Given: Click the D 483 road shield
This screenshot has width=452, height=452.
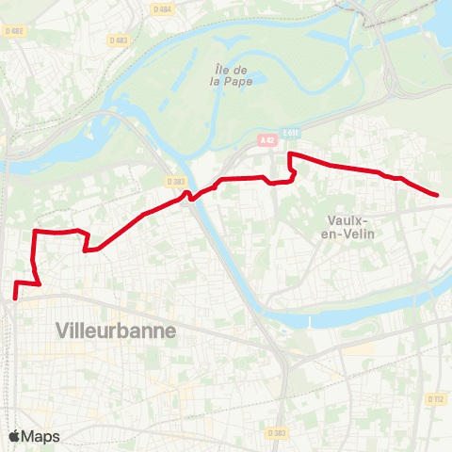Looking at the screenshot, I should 118,40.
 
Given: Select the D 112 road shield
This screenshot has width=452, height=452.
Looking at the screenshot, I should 435,399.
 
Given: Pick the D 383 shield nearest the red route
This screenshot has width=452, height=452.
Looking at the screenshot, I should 174,181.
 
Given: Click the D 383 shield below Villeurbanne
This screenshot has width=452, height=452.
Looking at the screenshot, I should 276,433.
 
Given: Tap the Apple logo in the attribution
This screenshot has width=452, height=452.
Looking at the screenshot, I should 14,436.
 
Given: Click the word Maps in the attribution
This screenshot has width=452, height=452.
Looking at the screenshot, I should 41,436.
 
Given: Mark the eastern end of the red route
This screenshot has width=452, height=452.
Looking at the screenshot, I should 438,195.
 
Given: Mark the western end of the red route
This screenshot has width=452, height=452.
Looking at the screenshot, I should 14,299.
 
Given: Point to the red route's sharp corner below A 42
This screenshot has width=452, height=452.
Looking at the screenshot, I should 289,153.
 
